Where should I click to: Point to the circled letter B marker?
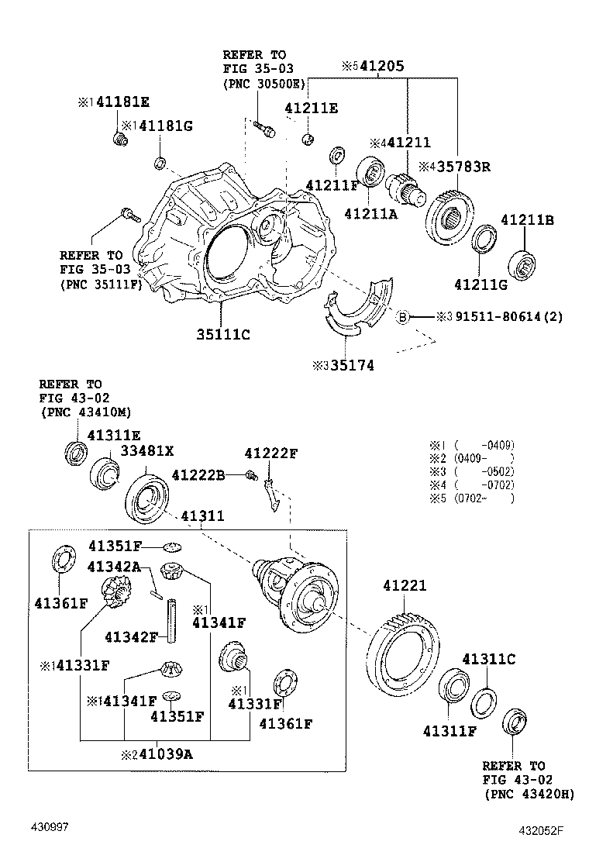(x=403, y=316)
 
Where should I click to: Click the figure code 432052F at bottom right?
(x=541, y=832)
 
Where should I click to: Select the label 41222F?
(x=271, y=453)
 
